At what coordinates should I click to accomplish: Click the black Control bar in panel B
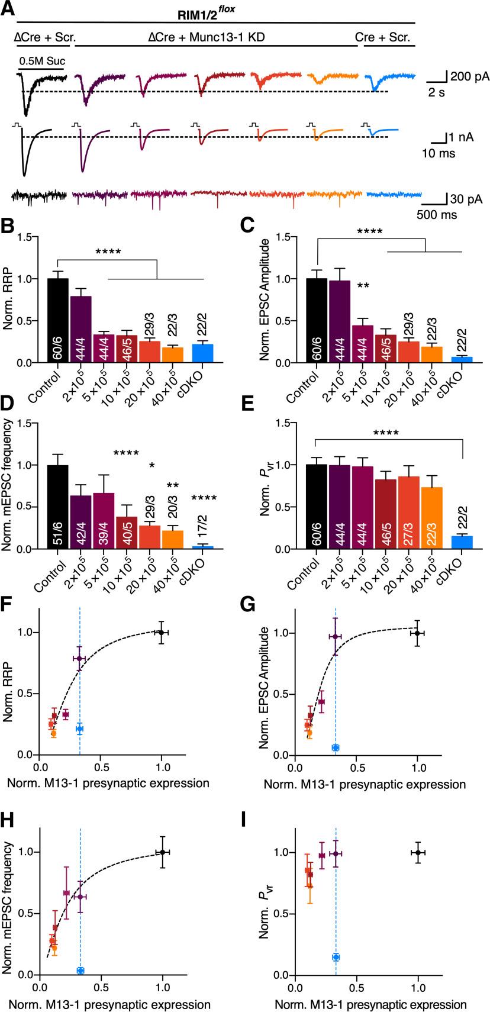coord(57,320)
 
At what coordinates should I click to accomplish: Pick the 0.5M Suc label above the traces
coord(41,60)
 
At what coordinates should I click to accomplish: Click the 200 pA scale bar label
coord(467,76)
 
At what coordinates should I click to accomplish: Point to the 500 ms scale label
coord(437,215)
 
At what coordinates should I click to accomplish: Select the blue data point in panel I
coord(336,957)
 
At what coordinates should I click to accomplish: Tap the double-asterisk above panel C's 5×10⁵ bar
coord(364,286)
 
